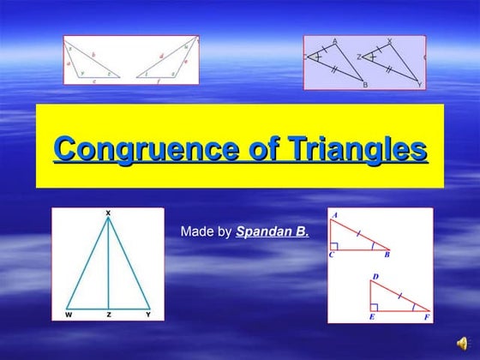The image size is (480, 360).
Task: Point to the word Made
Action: pos(195,231)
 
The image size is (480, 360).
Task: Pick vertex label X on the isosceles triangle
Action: pos(108,212)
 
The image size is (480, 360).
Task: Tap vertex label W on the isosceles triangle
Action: pos(68,315)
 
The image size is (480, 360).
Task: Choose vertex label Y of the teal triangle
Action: pos(148,315)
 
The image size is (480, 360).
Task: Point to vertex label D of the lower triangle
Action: pos(374,276)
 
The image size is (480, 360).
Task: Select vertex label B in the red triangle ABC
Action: pos(387,255)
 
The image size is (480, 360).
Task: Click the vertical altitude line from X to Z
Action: pos(108,266)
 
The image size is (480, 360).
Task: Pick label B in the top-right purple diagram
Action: pos(364,86)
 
